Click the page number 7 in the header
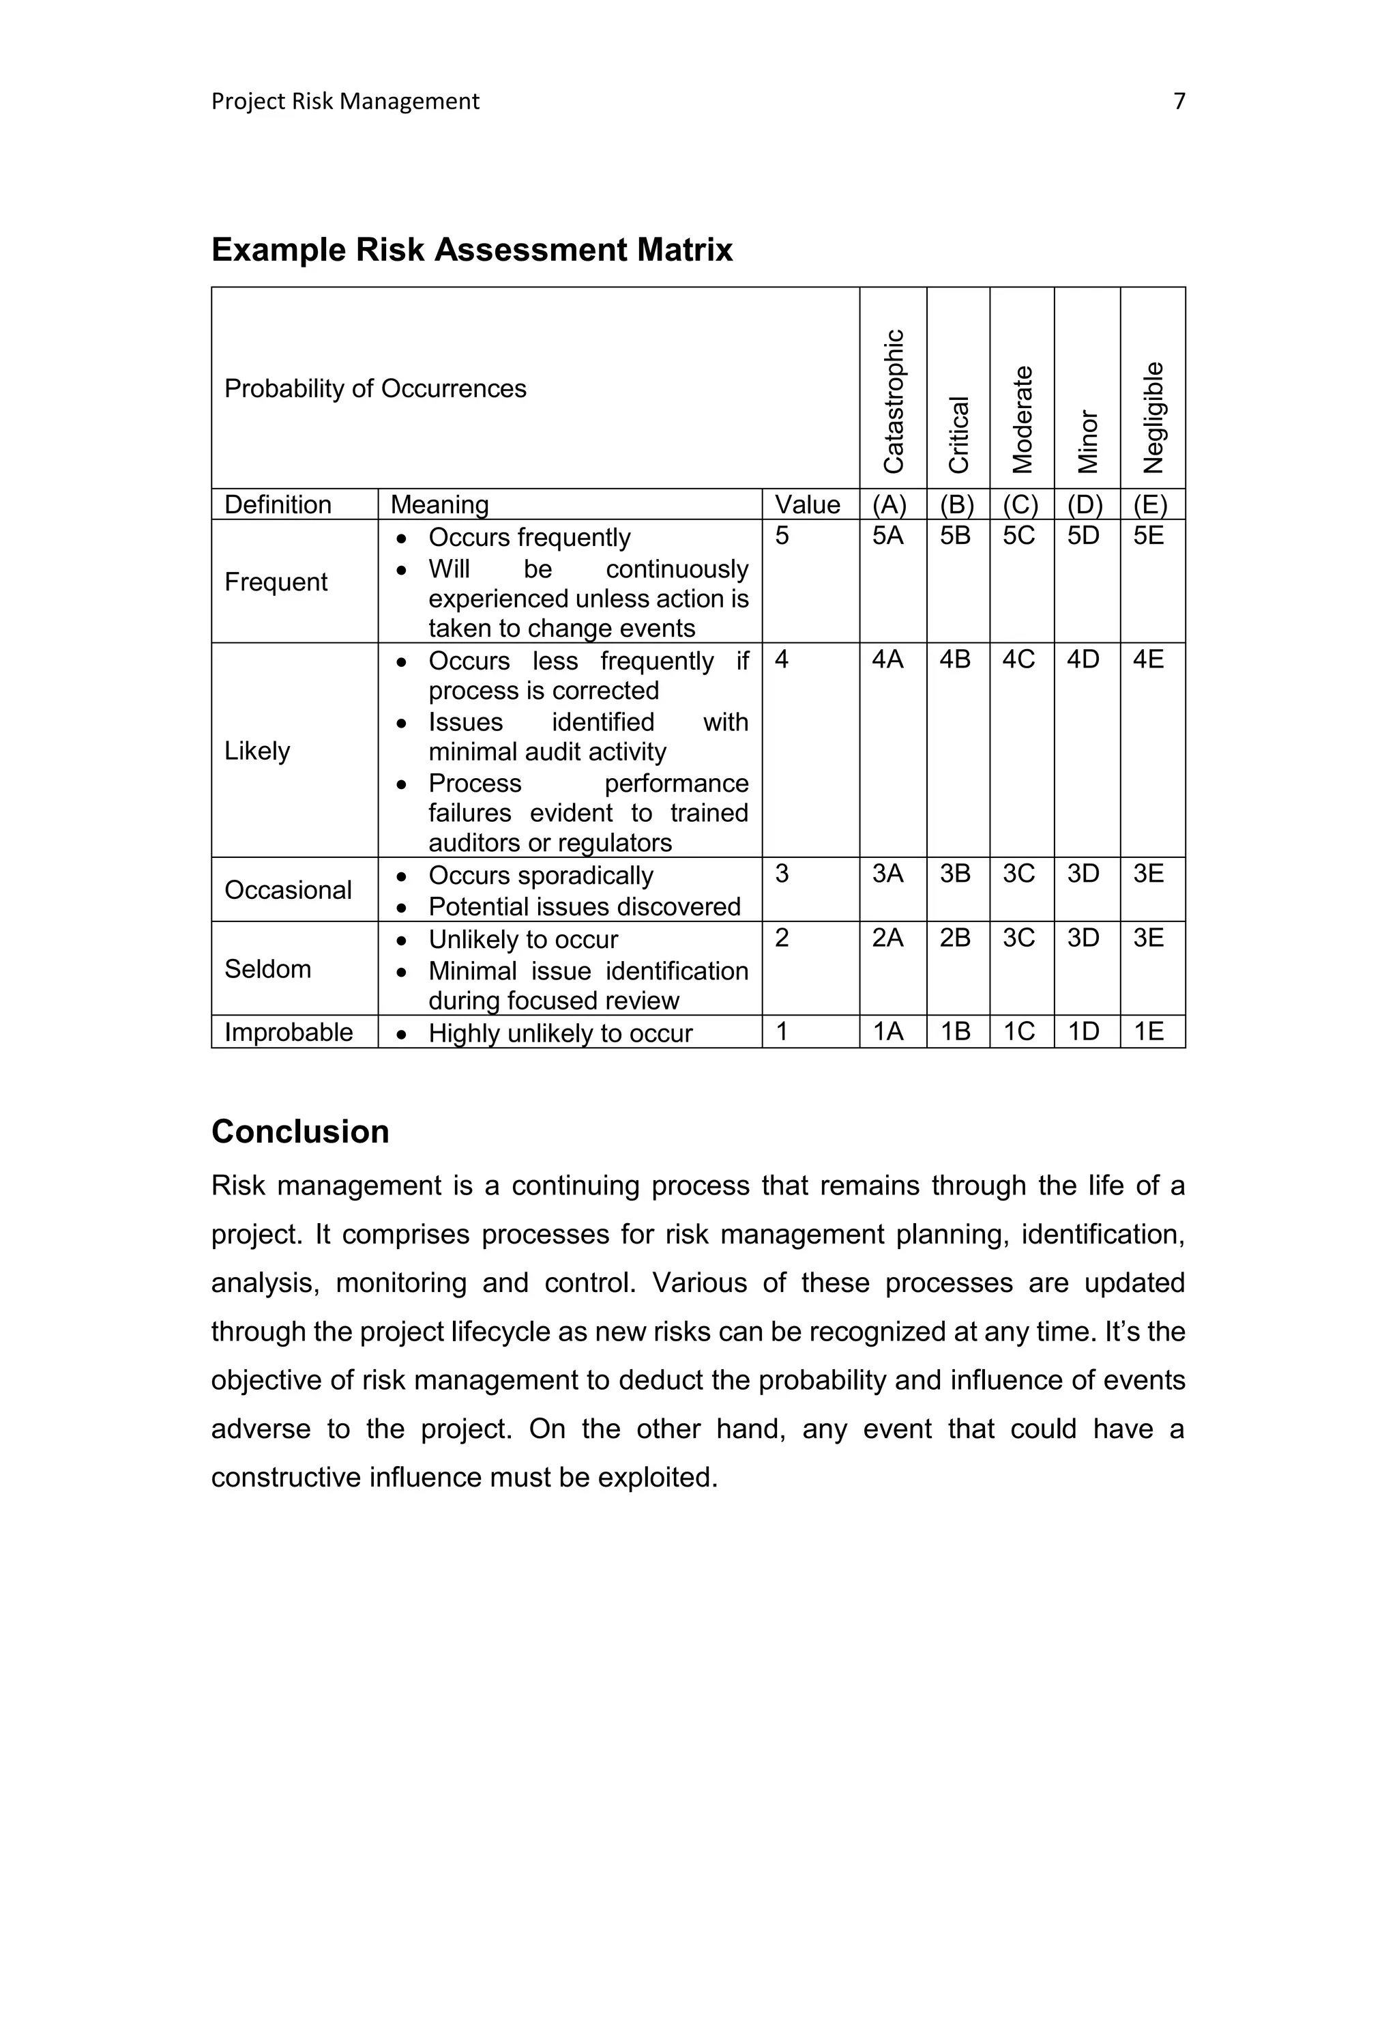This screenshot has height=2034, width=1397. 1178,102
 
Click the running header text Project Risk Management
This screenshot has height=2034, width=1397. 345,102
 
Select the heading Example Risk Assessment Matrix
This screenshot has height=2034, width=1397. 472,250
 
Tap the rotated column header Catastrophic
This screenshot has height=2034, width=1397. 893,401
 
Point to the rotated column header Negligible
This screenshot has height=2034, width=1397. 1153,417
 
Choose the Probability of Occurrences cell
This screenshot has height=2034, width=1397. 375,389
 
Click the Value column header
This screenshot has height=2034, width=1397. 807,505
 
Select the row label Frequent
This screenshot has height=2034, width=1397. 276,582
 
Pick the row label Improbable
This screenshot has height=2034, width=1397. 289,1032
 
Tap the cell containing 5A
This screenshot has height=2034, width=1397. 887,536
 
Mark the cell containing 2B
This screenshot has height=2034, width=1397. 955,939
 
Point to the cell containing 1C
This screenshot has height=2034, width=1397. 1019,1032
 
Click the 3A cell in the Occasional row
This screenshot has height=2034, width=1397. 887,874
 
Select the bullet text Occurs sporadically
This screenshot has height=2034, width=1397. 540,876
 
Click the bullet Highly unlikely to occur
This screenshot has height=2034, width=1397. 559,1034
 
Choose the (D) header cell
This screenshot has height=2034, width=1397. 1085,505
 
